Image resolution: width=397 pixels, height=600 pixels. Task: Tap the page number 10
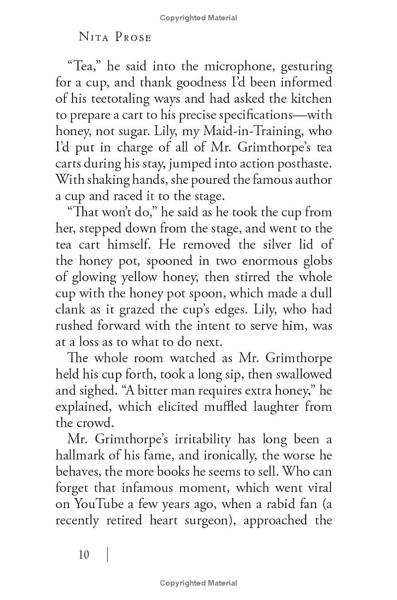84,554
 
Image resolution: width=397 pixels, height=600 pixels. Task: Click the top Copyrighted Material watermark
198,18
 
